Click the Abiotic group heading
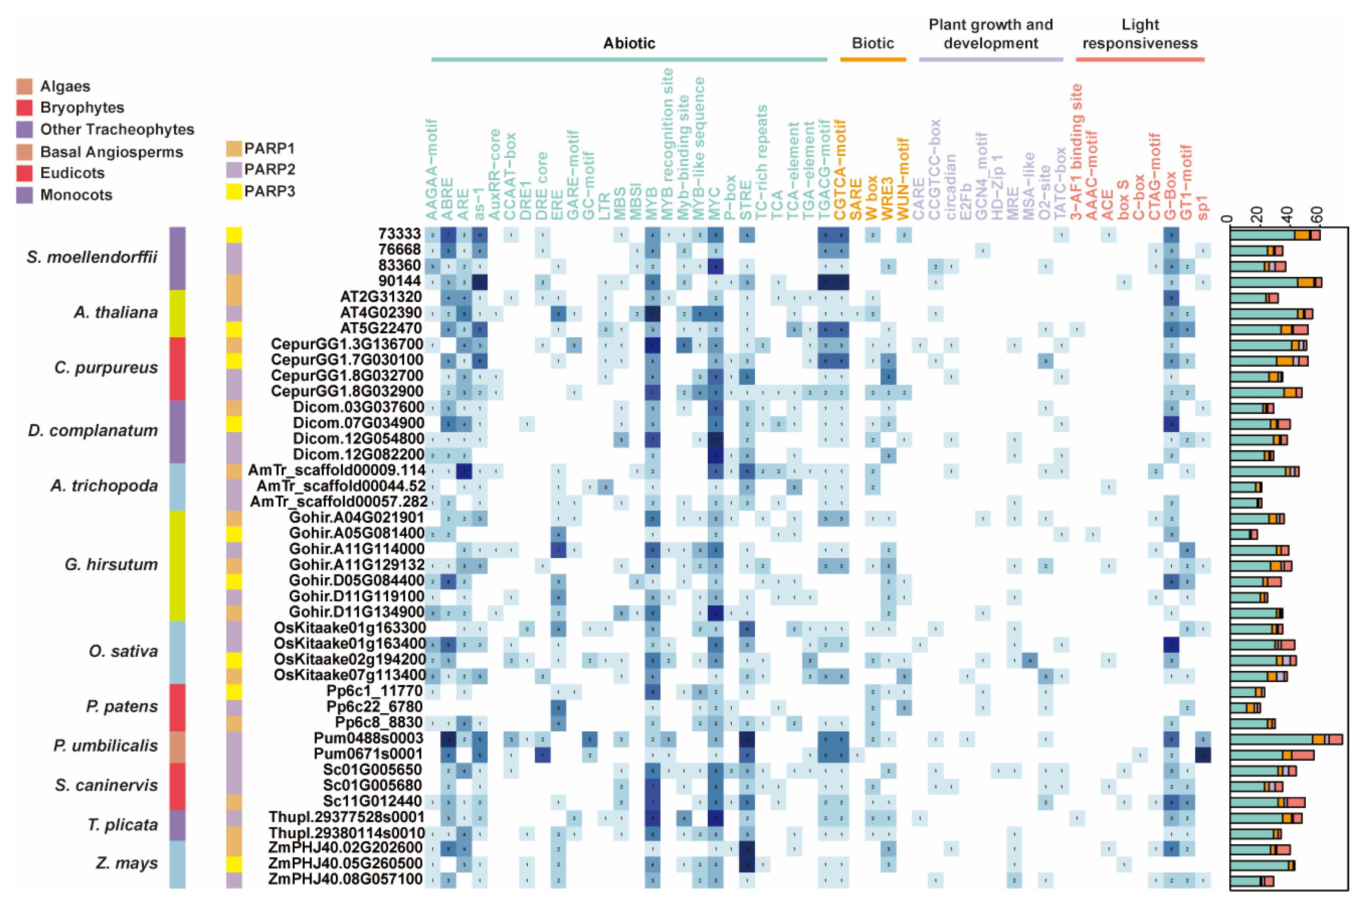click(x=629, y=43)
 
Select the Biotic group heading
click(x=873, y=43)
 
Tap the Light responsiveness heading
click(x=1140, y=34)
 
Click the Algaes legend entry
click(x=65, y=87)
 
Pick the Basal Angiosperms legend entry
click(x=112, y=152)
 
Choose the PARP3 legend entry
click(x=269, y=192)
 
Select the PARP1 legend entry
click(x=269, y=148)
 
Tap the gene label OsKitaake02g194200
click(x=350, y=660)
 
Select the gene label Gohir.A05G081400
click(x=357, y=533)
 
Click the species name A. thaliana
click(x=116, y=313)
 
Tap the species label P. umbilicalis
click(x=106, y=746)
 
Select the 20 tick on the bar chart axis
click(x=1257, y=216)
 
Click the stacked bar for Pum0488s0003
click(x=1286, y=739)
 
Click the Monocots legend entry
click(x=76, y=195)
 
